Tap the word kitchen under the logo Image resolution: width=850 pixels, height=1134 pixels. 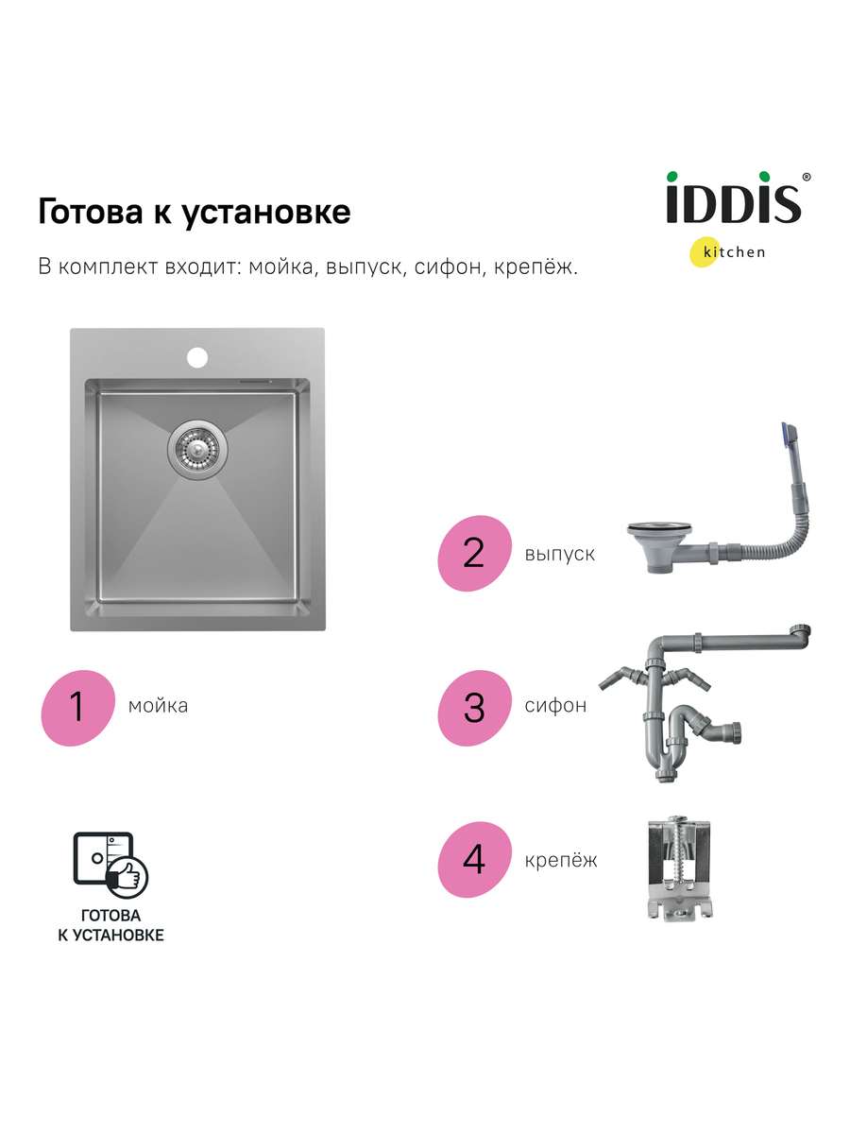(734, 252)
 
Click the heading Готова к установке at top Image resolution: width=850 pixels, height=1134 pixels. (195, 212)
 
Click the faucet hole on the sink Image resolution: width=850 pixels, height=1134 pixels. (197, 357)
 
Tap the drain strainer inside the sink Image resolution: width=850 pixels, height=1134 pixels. (197, 450)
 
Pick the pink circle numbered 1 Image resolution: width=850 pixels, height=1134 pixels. (78, 708)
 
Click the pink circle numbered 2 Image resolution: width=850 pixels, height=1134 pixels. (474, 554)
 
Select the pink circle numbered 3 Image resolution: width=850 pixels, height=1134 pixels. (474, 708)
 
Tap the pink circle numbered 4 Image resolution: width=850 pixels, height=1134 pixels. (474, 860)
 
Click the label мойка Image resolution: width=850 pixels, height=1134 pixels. (158, 706)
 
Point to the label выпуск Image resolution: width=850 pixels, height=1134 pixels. (559, 555)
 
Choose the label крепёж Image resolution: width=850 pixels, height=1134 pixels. (561, 861)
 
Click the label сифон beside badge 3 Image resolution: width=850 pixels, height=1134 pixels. (555, 706)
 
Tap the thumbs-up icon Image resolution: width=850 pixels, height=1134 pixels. (127, 877)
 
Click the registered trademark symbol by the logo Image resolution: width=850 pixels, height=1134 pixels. (807, 177)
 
